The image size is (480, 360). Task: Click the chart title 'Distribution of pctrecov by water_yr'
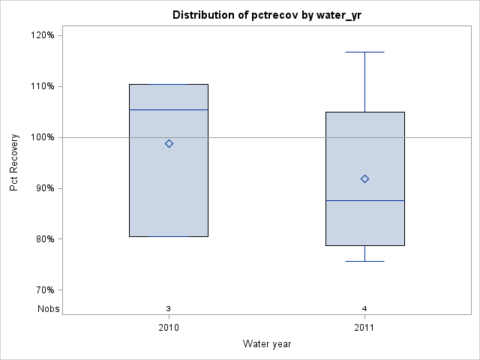tap(266, 15)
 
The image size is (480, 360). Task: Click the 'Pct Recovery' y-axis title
tap(15, 163)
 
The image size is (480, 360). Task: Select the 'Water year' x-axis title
tap(266, 343)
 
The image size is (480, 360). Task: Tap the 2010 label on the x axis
tap(169, 328)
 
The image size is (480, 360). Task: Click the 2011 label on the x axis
tap(364, 328)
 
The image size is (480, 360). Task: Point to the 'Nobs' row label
tap(49, 309)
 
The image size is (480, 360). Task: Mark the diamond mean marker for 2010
tap(169, 143)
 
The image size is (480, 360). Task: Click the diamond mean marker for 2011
tap(364, 178)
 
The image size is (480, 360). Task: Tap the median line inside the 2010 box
tap(169, 109)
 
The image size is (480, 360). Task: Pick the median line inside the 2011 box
tap(364, 200)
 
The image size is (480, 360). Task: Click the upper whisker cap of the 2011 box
tap(364, 52)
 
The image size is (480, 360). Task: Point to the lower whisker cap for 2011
tap(364, 261)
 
